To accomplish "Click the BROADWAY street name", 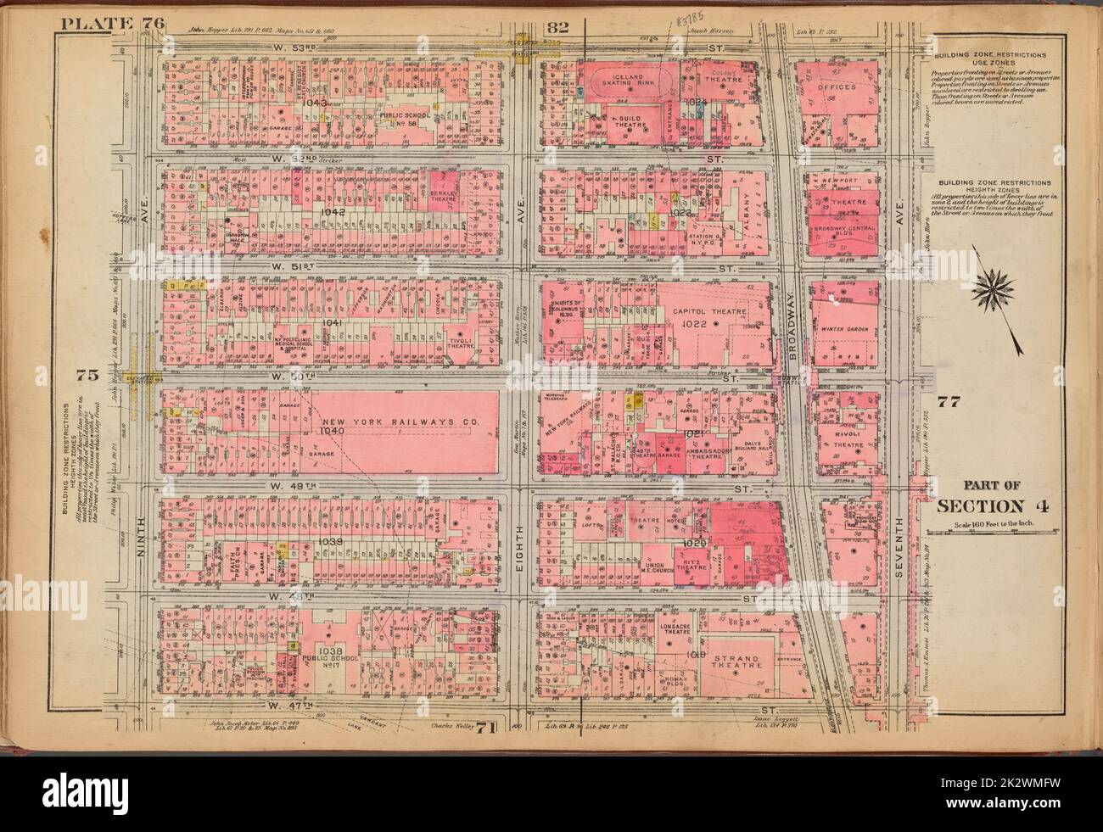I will (x=798, y=324).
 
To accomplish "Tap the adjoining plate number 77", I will (x=947, y=402).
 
